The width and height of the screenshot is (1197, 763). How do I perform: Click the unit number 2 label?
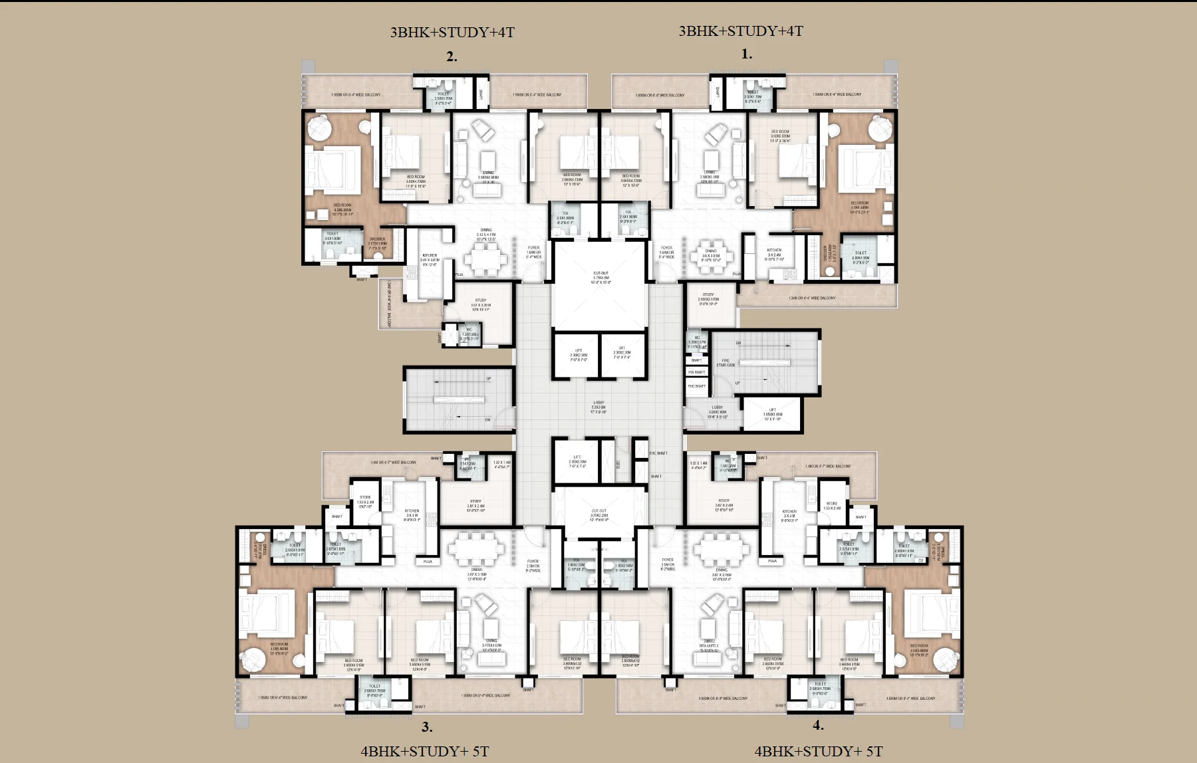point(452,56)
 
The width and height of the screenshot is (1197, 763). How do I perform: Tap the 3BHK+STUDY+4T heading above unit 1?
point(740,31)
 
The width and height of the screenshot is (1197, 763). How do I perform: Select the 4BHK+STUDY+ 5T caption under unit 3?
point(424,751)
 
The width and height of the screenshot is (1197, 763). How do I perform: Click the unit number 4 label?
point(818,726)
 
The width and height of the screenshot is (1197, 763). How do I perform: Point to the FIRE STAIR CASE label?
point(726,363)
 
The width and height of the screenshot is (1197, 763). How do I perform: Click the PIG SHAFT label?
point(696,372)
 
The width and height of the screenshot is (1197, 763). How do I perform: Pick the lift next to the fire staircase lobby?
point(772,414)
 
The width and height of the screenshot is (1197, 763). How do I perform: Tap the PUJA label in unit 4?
point(772,561)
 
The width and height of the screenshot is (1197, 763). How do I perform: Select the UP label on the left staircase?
point(489,379)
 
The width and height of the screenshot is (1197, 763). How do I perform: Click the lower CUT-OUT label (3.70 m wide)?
point(598,514)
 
